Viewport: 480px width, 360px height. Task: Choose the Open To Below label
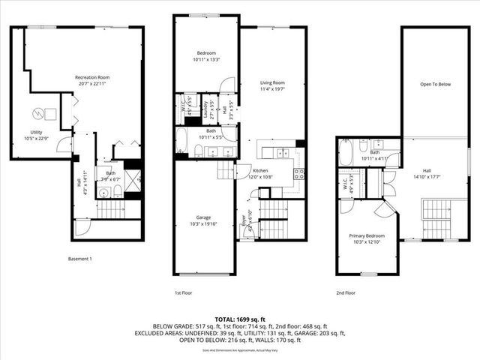pyautogui.click(x=435, y=84)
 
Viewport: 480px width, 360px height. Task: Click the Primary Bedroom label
pyautogui.click(x=367, y=235)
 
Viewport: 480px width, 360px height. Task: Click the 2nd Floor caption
pyautogui.click(x=346, y=292)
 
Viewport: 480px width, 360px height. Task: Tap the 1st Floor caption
pyautogui.click(x=183, y=292)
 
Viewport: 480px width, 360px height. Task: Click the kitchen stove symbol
pyautogui.click(x=298, y=173)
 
